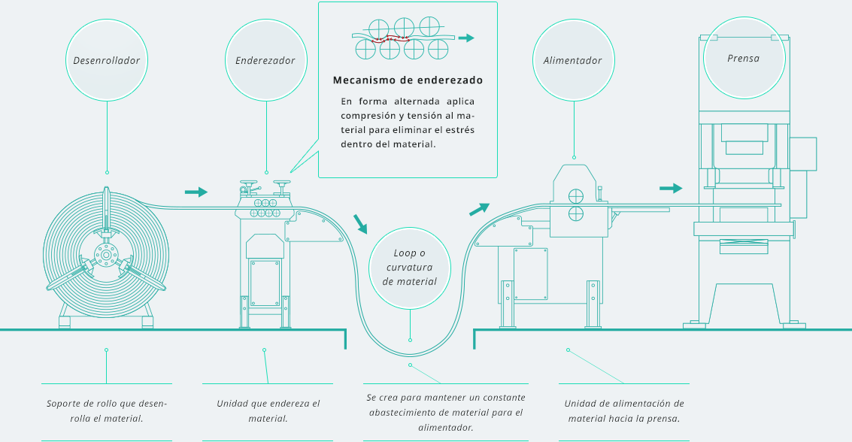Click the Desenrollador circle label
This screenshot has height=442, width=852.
(107, 60)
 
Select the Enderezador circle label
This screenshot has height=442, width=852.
(265, 60)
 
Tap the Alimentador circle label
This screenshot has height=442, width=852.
(573, 60)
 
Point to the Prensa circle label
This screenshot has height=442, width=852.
(744, 58)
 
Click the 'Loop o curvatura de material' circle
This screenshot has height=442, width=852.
(410, 268)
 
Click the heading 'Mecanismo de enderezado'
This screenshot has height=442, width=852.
(408, 80)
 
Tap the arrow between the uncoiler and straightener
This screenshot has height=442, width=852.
(196, 192)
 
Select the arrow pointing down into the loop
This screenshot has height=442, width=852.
(361, 223)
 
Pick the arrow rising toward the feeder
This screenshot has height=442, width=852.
(479, 209)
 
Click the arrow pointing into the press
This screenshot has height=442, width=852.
(671, 188)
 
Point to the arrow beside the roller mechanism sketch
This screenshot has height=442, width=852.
(467, 38)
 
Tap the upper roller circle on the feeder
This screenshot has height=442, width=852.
(575, 195)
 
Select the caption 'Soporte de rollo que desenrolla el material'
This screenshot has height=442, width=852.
(107, 410)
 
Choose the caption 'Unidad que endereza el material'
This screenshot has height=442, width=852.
(268, 410)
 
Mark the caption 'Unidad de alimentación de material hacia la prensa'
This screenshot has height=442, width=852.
(624, 410)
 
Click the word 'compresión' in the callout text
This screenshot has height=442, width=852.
(366, 116)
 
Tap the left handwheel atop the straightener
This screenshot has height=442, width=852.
(247, 183)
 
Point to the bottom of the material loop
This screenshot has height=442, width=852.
(410, 354)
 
